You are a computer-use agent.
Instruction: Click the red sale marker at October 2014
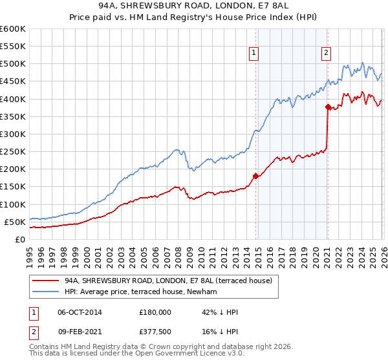[x=255, y=175]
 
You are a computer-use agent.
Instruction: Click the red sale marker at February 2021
[x=328, y=107]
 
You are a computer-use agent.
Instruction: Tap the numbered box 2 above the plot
[x=327, y=54]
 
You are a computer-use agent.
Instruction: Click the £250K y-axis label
[x=13, y=151]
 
